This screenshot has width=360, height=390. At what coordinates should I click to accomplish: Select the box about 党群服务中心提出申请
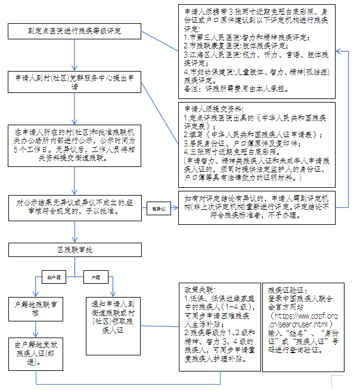[75, 82]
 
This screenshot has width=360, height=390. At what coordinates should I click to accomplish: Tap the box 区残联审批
[75, 250]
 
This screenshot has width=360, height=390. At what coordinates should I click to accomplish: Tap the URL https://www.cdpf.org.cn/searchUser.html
[303, 318]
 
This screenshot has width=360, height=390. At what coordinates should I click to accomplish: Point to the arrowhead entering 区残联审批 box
[75, 240]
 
